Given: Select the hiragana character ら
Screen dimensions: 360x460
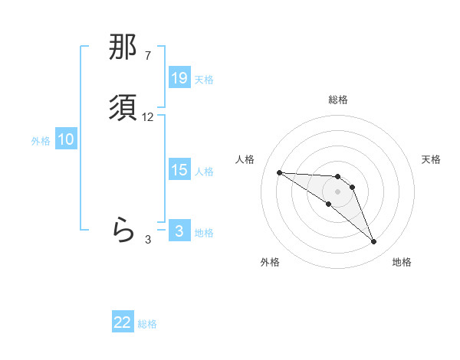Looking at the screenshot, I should tap(123, 229).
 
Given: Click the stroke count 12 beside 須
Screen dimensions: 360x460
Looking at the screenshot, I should tap(148, 117).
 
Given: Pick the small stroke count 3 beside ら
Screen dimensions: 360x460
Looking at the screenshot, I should tap(148, 239).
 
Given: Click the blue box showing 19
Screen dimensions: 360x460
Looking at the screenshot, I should tap(179, 78).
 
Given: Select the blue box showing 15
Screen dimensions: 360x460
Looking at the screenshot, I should tap(179, 170).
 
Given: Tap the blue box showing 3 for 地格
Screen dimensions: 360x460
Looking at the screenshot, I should tap(179, 231).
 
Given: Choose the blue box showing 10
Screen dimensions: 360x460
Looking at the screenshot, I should tap(66, 139).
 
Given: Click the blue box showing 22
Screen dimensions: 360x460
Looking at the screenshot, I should tap(123, 322).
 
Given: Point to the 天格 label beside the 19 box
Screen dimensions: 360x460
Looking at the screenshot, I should tap(204, 79).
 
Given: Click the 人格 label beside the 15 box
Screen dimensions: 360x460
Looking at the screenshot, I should tap(204, 171).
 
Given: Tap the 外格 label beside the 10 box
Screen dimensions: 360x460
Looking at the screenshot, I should tap(41, 140).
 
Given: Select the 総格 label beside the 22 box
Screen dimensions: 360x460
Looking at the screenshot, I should tap(148, 323).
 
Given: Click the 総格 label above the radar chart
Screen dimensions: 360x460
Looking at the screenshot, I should tap(338, 100).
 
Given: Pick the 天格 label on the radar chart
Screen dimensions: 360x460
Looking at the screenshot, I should tap(431, 159).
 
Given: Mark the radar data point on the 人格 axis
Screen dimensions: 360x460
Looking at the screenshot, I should tap(279, 172).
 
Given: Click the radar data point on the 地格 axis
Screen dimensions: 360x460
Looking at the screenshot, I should tap(374, 242).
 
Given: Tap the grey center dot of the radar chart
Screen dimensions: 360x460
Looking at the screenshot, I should tap(338, 191).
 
